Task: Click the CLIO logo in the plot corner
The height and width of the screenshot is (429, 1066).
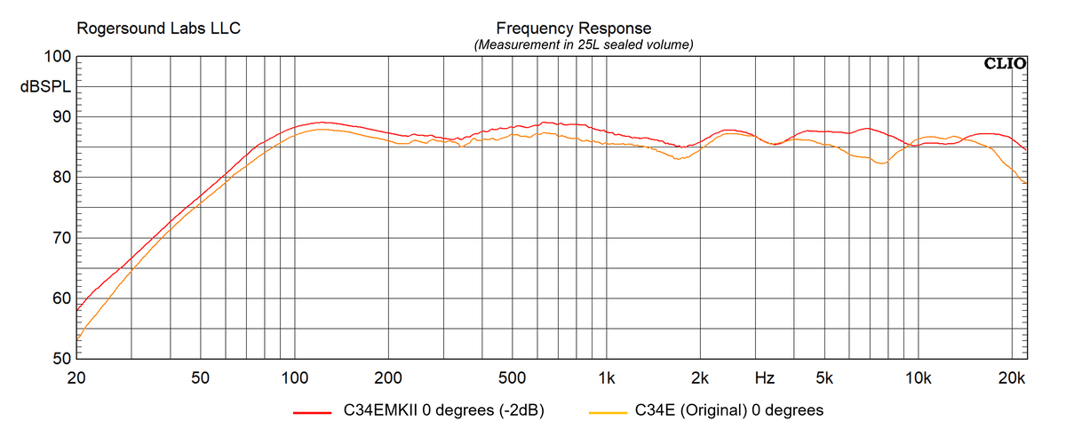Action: coord(1005,63)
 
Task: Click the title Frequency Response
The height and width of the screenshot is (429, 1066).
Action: coord(573,28)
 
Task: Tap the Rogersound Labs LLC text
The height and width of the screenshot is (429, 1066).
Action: coord(159,28)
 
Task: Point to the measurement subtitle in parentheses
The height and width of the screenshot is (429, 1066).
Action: coord(584,44)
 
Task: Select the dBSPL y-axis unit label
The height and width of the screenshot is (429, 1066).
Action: coord(44,89)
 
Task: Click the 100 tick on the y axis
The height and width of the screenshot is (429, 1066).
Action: coord(56,57)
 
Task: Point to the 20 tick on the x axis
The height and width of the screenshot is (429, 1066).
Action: coord(77,377)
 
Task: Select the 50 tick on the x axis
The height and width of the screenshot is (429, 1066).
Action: coord(200,377)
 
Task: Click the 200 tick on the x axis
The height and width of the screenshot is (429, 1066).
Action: coord(388,377)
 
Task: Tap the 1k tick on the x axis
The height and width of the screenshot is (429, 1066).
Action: coord(607,377)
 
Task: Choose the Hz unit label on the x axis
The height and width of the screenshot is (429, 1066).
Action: coord(764,377)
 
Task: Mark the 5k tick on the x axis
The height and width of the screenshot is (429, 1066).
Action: coord(824,377)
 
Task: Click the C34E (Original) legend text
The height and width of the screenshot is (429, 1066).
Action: coord(728,410)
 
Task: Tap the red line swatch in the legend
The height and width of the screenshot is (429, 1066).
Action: coord(312,412)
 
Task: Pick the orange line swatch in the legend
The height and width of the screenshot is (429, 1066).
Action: coord(609,412)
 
